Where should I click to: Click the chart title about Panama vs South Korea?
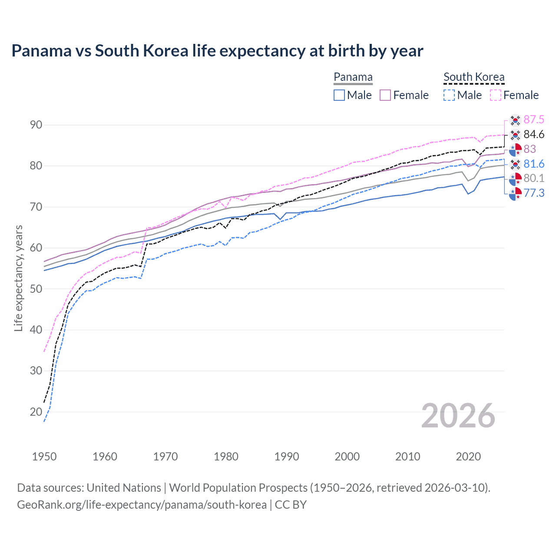(x=217, y=51)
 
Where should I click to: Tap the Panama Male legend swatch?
(x=339, y=95)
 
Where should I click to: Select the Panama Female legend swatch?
(x=385, y=95)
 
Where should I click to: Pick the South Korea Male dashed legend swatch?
(x=449, y=95)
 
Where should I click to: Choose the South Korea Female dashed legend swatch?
(x=496, y=95)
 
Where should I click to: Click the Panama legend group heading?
(x=353, y=77)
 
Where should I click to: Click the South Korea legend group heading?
(x=474, y=77)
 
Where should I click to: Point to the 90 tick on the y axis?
(x=36, y=125)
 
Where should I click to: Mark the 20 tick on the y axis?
(x=36, y=412)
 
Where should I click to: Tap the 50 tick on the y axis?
(x=36, y=289)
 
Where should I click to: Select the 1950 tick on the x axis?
(x=44, y=457)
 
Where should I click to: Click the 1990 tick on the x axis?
(x=287, y=457)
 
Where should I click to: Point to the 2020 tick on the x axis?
(x=468, y=457)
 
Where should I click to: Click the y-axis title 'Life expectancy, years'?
(x=18, y=278)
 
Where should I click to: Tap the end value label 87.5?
(x=534, y=119)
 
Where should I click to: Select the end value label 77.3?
(x=534, y=193)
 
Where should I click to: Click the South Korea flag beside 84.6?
(x=515, y=135)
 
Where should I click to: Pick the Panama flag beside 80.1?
(x=515, y=179)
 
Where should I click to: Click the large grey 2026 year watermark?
(x=458, y=416)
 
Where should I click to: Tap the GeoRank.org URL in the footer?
(x=142, y=505)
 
